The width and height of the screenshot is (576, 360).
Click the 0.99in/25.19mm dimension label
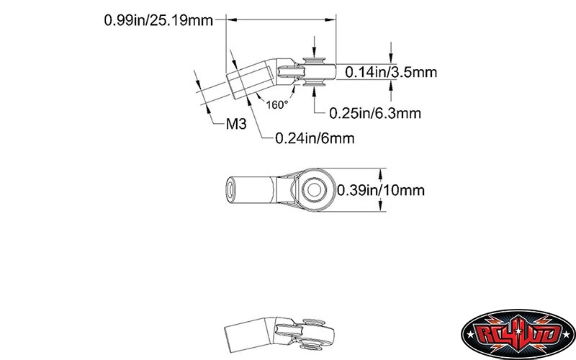tap(158, 20)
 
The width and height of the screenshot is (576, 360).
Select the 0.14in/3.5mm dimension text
tap(391, 72)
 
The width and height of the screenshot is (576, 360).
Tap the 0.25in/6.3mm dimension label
tap(375, 113)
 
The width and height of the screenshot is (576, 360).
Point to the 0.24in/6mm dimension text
tap(315, 138)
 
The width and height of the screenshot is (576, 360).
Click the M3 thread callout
tap(236, 124)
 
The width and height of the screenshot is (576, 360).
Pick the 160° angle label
tap(277, 105)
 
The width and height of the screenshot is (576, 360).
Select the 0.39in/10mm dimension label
tap(381, 190)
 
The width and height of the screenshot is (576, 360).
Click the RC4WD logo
tap(518, 334)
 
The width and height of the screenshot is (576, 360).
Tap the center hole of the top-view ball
tap(313, 190)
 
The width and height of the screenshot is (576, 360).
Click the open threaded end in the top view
tap(230, 189)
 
